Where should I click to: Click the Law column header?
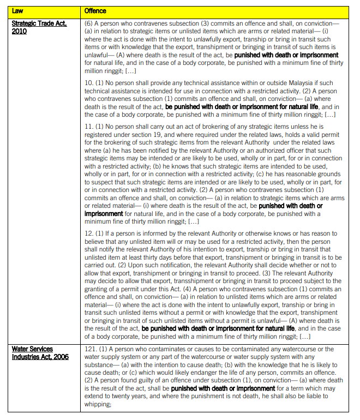pyautogui.click(x=17, y=10)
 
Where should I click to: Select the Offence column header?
pyautogui.click(x=96, y=10)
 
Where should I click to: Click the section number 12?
pyautogui.click(x=89, y=234)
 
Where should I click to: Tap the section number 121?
pyautogui.click(x=91, y=349)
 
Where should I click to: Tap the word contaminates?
pyautogui.click(x=160, y=349)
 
